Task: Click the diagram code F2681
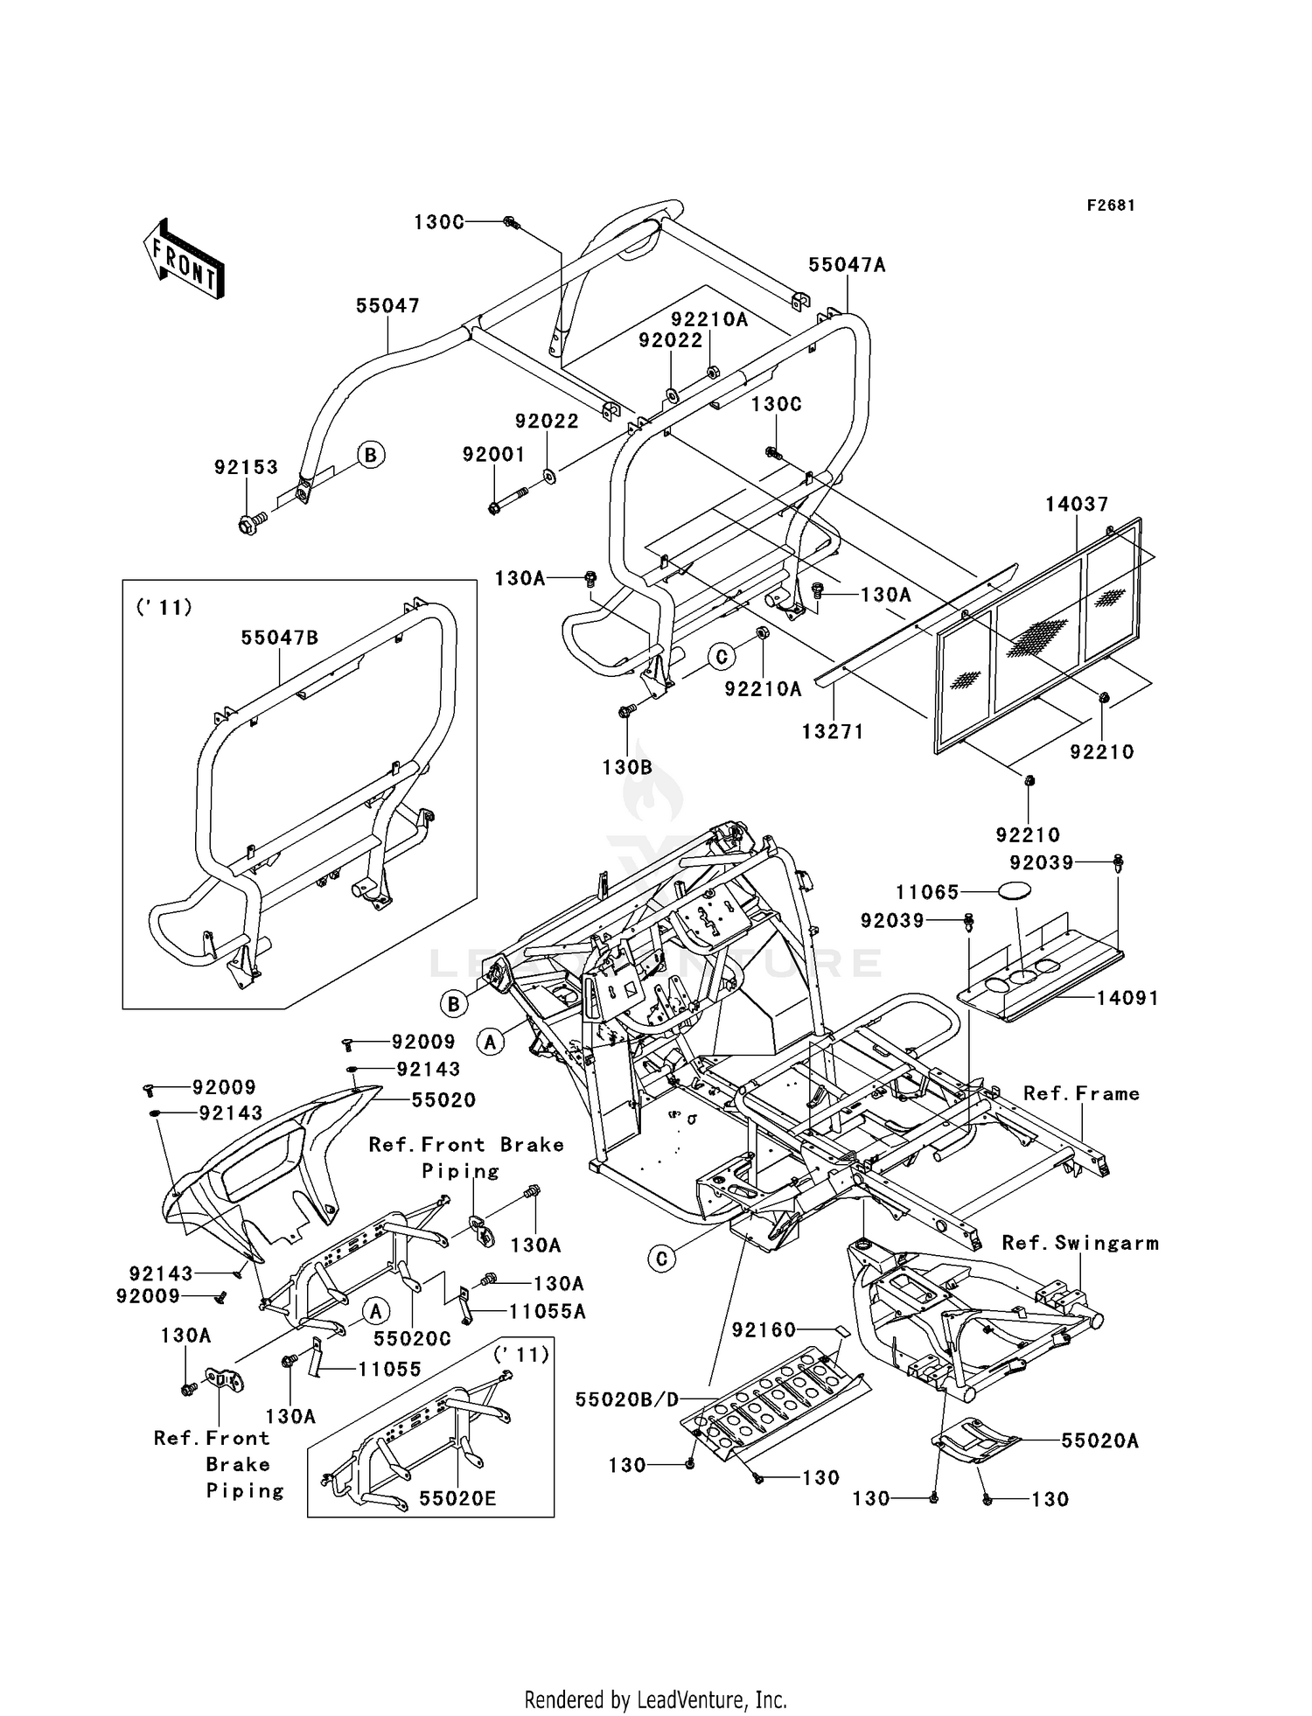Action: pos(1111,205)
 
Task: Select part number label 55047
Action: pos(387,305)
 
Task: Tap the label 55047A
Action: pos(847,264)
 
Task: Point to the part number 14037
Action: pos(1077,504)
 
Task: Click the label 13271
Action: pos(833,732)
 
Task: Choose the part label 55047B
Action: pos(280,638)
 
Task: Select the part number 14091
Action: pos(1127,998)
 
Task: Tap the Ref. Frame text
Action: pos(1081,1093)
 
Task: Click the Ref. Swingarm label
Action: pos(1079,1243)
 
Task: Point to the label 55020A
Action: pos(1099,1440)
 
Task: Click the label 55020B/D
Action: pos(627,1399)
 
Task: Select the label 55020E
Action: pos(457,1498)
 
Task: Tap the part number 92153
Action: pos(246,467)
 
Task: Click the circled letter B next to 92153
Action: pos(371,455)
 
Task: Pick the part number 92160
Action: pos(764,1329)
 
